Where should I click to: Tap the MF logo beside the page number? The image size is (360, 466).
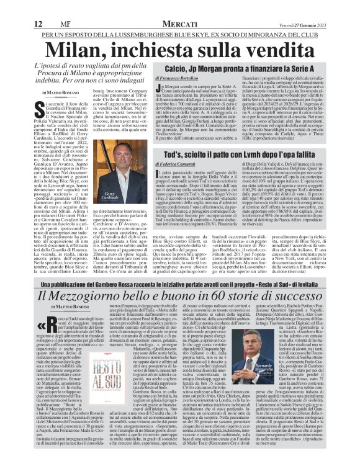point(30,7)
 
